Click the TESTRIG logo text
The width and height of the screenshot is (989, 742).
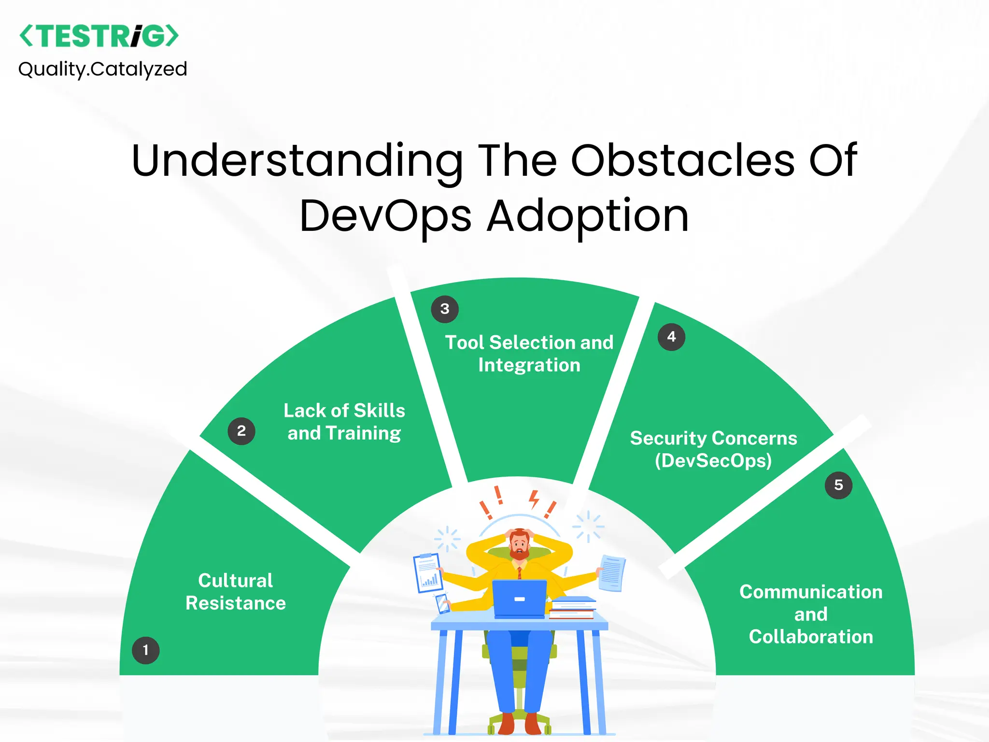click(x=99, y=36)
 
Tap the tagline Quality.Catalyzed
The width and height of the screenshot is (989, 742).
click(x=102, y=69)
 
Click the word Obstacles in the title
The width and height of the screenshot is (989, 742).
click(x=682, y=160)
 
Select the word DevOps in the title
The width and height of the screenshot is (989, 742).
click(x=385, y=216)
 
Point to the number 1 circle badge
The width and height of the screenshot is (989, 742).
click(x=145, y=650)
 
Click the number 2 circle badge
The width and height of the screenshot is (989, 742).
click(x=241, y=431)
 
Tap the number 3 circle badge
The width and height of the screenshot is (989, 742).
click(x=445, y=309)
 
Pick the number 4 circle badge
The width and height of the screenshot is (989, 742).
click(x=671, y=337)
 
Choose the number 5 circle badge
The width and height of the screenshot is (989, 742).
click(x=838, y=485)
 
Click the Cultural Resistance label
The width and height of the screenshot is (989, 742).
click(x=236, y=592)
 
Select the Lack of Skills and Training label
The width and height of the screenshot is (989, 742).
click(x=344, y=422)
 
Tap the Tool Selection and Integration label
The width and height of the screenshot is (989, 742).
click(x=529, y=354)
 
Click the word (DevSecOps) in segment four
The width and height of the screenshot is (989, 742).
click(x=713, y=460)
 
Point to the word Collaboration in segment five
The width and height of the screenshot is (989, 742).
click(x=811, y=637)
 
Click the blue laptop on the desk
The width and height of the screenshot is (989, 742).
click(x=520, y=599)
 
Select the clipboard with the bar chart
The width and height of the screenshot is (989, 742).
click(x=428, y=573)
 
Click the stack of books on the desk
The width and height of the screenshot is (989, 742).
click(x=573, y=608)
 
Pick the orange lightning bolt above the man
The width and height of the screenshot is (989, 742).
click(x=534, y=499)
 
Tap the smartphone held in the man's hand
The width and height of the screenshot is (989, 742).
click(x=442, y=604)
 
